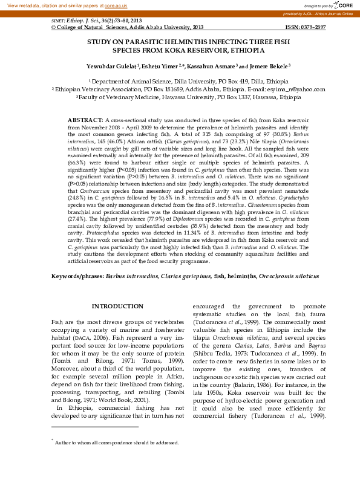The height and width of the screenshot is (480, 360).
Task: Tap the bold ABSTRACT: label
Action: coord(85,121)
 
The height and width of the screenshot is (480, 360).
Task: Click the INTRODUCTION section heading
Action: coord(113,306)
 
